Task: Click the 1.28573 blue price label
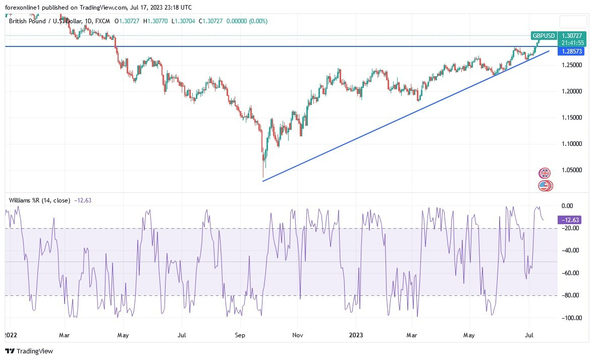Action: pyautogui.click(x=572, y=52)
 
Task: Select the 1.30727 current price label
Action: pyautogui.click(x=573, y=36)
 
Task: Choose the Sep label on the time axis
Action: pyautogui.click(x=240, y=335)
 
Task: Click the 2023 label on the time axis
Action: pyautogui.click(x=355, y=335)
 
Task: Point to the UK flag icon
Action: pyautogui.click(x=544, y=173)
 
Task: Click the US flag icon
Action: pyautogui.click(x=544, y=185)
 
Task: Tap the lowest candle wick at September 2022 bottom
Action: pyautogui.click(x=263, y=177)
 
